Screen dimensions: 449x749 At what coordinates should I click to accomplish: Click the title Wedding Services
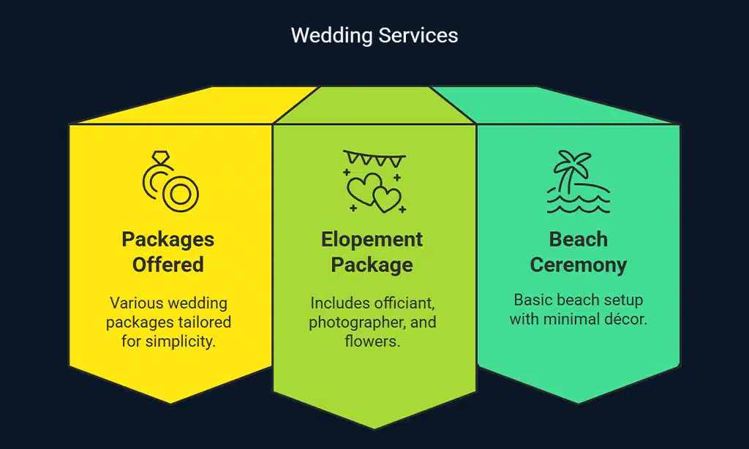coord(374,35)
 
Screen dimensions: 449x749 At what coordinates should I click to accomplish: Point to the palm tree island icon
coord(578,182)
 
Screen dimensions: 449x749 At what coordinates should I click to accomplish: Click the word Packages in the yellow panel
coord(168,239)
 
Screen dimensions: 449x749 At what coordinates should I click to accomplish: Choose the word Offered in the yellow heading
coord(168,264)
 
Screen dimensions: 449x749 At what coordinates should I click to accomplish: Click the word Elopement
coord(372,239)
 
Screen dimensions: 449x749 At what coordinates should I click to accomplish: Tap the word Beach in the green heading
coord(578,239)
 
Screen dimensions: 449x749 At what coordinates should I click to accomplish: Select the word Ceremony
coord(578,264)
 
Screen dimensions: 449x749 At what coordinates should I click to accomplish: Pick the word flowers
coord(372,342)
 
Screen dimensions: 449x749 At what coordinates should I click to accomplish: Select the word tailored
coord(206,322)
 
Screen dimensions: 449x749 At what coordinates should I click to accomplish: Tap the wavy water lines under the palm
coord(578,204)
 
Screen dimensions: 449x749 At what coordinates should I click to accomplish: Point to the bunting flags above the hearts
coord(374,158)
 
